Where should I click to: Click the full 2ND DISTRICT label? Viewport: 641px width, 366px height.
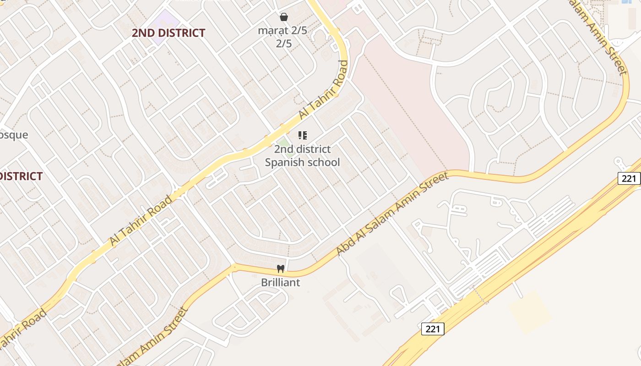(x=168, y=33)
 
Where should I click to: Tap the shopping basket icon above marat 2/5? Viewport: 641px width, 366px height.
(x=284, y=17)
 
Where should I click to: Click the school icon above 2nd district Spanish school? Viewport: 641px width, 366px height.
(x=302, y=135)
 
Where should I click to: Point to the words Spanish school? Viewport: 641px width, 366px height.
(x=303, y=162)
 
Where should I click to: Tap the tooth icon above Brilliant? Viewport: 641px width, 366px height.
(x=281, y=269)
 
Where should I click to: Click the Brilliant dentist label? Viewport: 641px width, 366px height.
(x=281, y=282)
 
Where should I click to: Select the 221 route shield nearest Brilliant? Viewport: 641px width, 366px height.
(x=433, y=328)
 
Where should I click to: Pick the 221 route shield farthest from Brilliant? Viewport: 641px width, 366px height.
(x=629, y=178)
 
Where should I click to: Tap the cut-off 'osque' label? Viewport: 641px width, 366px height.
(x=14, y=135)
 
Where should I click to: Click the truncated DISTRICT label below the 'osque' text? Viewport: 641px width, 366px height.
(x=21, y=176)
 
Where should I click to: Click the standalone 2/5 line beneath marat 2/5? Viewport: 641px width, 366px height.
(x=284, y=44)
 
